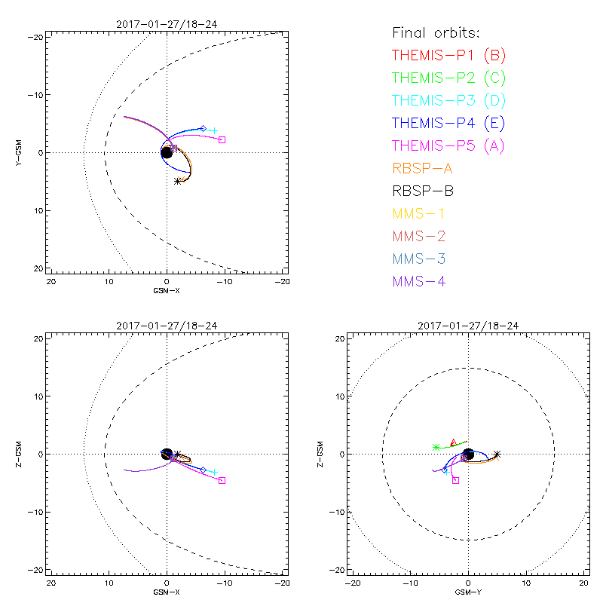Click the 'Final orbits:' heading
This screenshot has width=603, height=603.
point(436,32)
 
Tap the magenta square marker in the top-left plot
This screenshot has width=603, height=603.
point(222,139)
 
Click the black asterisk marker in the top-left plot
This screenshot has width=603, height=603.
point(177,181)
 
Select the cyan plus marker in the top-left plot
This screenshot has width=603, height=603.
point(214,130)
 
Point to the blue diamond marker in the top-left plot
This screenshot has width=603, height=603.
point(203,129)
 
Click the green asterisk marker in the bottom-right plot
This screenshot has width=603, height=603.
point(436,447)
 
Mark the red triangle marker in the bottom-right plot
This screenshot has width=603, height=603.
point(453,442)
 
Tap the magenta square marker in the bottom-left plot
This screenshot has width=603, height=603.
point(222,480)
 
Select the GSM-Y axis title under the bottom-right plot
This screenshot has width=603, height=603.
point(468,593)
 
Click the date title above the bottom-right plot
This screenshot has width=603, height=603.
point(468,326)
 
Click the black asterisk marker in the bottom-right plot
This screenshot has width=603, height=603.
point(497,454)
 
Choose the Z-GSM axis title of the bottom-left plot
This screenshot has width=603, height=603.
point(20,454)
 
